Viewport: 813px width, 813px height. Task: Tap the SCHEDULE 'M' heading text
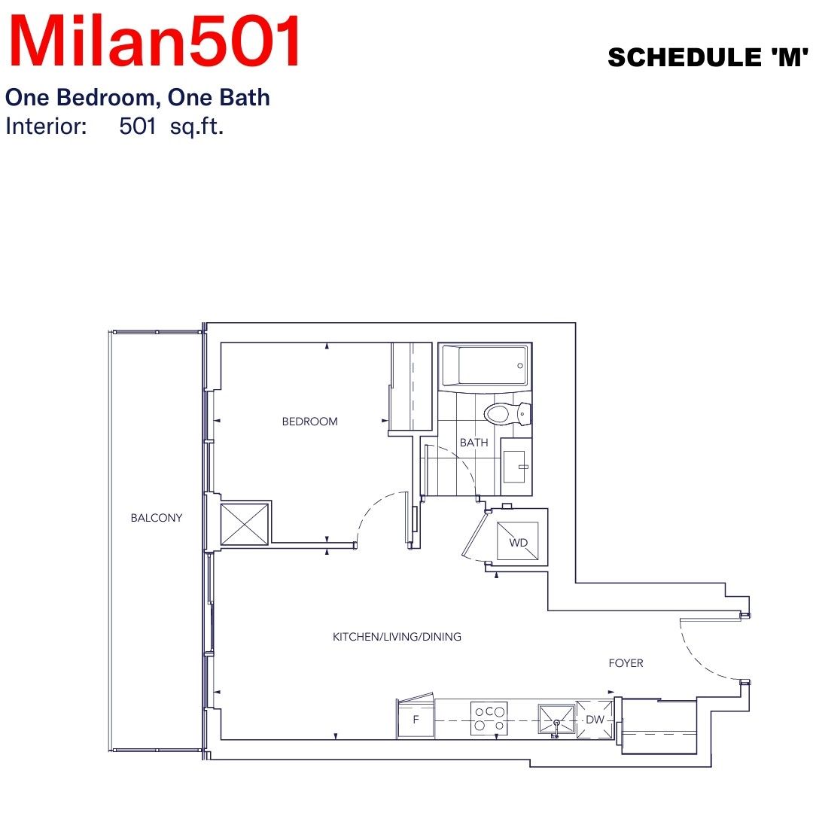708,57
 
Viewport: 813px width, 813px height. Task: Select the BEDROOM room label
309,422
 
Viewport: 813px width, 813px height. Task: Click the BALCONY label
156,517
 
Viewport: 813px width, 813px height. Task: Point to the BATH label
474,443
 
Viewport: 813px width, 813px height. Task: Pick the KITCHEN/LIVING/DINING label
397,636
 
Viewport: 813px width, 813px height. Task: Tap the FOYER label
626,662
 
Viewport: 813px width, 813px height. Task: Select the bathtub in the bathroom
486,366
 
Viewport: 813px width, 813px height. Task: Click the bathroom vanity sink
516,467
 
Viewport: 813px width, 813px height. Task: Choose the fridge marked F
416,719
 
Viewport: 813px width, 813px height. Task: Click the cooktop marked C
489,718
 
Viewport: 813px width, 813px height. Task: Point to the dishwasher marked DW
595,720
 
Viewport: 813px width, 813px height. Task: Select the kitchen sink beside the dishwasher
556,719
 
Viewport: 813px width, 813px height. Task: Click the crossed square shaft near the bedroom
245,523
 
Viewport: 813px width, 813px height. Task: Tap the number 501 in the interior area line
138,126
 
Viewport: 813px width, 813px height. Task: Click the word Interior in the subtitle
46,126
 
